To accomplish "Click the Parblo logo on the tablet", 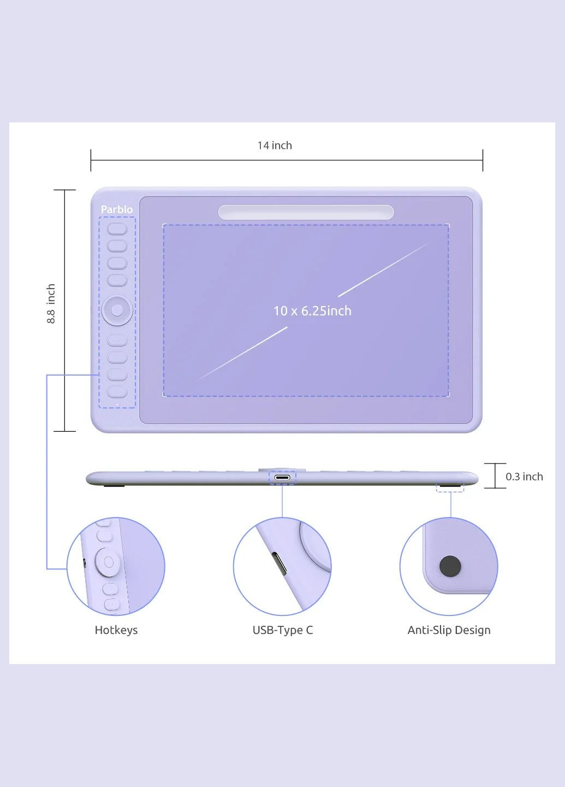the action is [116, 209].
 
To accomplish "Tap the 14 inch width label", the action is [275, 145].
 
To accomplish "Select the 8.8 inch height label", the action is [51, 303].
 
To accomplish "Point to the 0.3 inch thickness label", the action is [524, 477].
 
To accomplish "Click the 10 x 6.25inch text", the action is [312, 311].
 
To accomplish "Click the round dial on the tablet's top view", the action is [117, 310].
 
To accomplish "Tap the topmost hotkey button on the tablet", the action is [117, 228].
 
